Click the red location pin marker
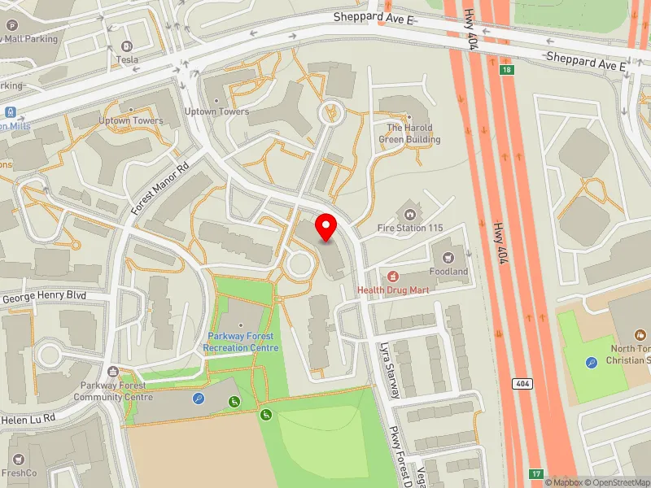[326, 227]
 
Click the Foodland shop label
[449, 272]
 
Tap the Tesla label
[127, 59]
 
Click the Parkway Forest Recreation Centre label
[242, 342]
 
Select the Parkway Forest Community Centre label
[113, 391]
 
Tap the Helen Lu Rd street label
[28, 417]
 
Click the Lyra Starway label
[389, 370]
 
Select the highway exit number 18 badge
[507, 71]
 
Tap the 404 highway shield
[522, 382]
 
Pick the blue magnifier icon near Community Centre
[199, 399]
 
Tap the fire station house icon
[410, 214]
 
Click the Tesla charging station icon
[126, 46]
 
